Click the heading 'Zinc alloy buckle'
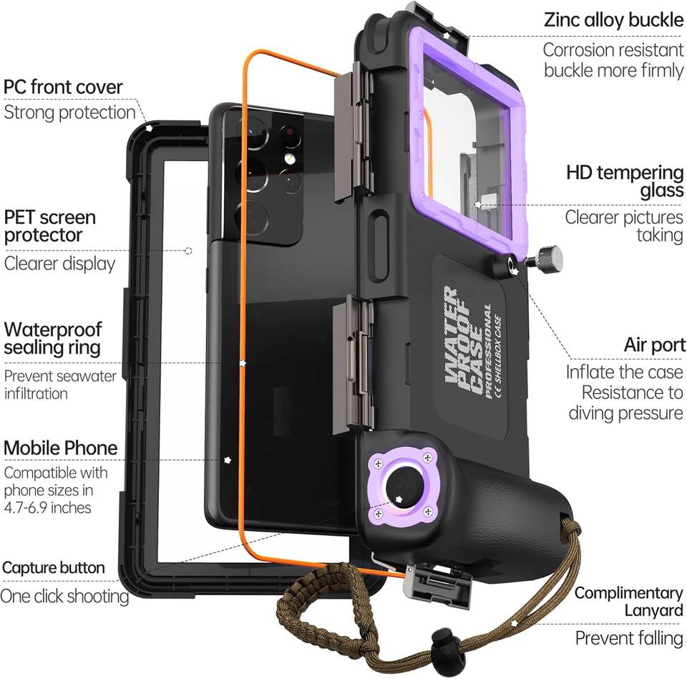613,20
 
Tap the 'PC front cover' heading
63,87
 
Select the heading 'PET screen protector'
49,226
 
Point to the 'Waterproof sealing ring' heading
52,338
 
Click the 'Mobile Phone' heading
60,448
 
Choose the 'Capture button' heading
54,567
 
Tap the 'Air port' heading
655,345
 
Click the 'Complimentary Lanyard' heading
629,602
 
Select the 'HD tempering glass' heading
625,181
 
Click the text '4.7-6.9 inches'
47,508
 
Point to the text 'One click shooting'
64,596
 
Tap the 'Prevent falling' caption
629,638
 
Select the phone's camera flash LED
288,158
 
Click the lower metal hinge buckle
353,364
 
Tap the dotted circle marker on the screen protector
188,251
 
